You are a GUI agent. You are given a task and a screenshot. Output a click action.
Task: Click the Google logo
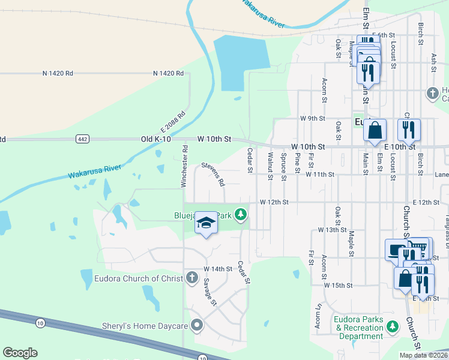[x=20, y=353]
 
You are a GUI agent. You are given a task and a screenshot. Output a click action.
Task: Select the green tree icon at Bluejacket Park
[x=241, y=214]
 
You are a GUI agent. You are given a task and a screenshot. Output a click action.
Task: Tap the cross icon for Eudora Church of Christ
[x=191, y=277]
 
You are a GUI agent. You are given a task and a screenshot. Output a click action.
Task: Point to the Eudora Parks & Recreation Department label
[x=359, y=328]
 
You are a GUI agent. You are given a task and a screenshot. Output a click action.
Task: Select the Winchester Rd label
[x=186, y=166]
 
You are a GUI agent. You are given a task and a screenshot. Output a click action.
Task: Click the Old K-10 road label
[x=155, y=139]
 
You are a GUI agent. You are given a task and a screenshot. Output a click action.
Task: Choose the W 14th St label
[x=217, y=269]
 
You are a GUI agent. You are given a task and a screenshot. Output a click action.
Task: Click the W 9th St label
[x=313, y=118]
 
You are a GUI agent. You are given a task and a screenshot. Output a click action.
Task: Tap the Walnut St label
[x=270, y=166]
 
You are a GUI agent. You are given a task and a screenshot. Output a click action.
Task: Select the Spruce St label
[x=283, y=166]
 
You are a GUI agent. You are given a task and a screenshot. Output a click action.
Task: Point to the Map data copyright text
[x=423, y=355]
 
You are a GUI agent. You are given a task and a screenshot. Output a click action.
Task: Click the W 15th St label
[x=338, y=285]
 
